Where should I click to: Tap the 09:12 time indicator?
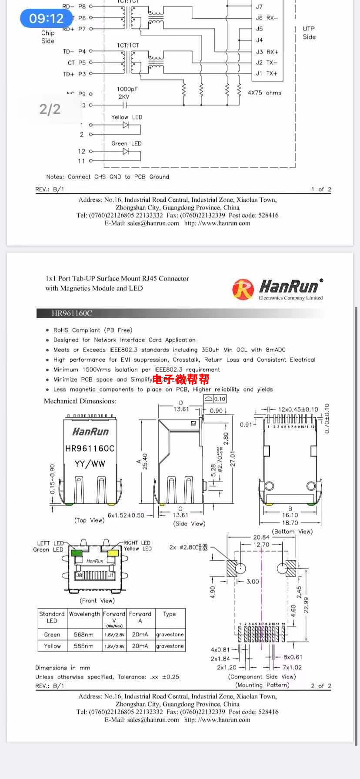point(46,18)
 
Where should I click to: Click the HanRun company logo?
point(278,289)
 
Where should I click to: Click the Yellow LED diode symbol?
point(126,125)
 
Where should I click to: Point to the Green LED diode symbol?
point(126,151)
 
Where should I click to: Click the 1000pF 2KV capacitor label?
point(127,93)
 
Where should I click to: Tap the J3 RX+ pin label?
point(267,52)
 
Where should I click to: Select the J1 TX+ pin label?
point(266,73)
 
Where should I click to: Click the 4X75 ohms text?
point(264,93)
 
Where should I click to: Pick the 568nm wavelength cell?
point(83,634)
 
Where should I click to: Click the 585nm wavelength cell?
point(83,646)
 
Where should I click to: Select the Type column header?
point(170,614)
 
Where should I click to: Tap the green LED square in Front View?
point(77,553)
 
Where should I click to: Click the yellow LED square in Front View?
point(113,553)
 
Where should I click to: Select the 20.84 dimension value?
point(261,537)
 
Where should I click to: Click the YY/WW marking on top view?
point(90,464)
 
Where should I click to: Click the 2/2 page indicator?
point(50,109)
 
